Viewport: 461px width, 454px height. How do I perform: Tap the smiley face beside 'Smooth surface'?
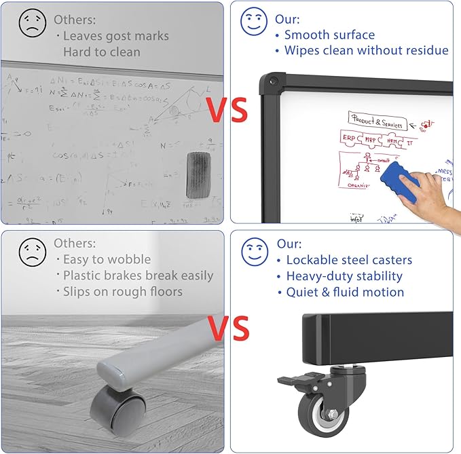[253, 21]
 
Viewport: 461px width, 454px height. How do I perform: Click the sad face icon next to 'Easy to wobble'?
[32, 252]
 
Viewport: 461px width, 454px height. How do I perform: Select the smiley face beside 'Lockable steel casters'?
[254, 252]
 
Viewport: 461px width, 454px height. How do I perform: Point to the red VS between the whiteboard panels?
[227, 111]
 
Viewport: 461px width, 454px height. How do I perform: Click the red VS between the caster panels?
[227, 328]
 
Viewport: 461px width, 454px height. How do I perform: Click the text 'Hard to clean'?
[102, 52]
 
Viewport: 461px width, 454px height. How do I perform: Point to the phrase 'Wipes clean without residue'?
[366, 50]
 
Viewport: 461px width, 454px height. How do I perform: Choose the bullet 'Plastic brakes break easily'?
[138, 276]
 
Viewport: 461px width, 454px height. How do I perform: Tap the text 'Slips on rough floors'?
[122, 292]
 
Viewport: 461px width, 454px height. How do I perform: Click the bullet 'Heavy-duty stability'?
[344, 276]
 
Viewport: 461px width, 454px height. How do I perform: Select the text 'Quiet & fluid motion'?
[345, 292]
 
